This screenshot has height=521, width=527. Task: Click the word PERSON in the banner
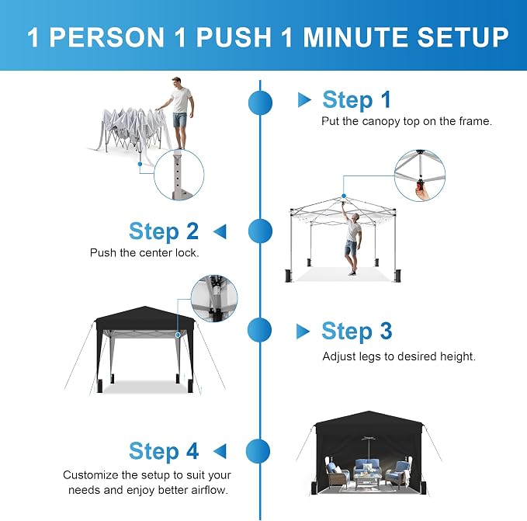coord(107,37)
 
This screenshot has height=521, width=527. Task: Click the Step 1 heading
coord(356,99)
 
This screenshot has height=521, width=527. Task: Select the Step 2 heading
coord(164,231)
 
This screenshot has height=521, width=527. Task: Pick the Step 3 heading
coord(356,331)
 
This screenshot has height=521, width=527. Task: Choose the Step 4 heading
coord(164,450)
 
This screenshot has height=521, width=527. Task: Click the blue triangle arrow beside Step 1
coord(304,100)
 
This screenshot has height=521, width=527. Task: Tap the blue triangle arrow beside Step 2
coord(220,231)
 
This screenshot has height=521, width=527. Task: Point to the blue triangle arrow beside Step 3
coord(303,332)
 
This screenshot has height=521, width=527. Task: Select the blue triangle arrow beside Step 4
coord(220,451)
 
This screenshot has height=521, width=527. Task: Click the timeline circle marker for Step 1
coord(260,102)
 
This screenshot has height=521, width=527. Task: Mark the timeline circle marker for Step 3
coord(259,330)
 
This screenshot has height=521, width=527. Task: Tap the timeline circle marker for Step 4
coord(258,451)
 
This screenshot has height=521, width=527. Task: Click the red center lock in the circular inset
coord(420,185)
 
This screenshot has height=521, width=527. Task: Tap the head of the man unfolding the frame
coord(177,82)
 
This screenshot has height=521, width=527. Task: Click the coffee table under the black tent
coord(367,479)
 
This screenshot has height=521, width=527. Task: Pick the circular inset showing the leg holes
coord(179,175)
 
